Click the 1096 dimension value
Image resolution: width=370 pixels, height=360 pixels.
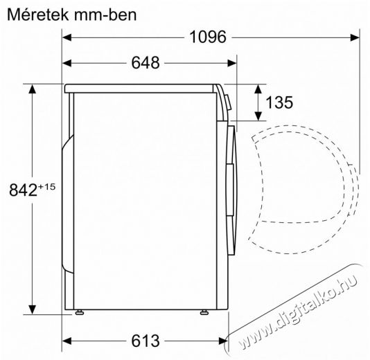tap(208, 37)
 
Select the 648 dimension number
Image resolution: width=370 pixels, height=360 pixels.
tap(146, 63)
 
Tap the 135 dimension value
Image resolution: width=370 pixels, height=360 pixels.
tap(279, 102)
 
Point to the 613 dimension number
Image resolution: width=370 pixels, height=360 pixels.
tap(146, 341)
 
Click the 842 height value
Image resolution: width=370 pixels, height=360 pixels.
tap(23, 190)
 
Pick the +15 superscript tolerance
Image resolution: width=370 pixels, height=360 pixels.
tap(46, 187)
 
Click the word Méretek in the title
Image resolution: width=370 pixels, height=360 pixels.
tap(38, 15)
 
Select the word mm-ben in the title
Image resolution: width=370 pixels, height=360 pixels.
tap(105, 15)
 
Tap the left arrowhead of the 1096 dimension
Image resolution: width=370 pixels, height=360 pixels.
tap(67, 37)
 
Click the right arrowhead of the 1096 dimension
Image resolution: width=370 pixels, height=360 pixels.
tap(355, 37)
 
